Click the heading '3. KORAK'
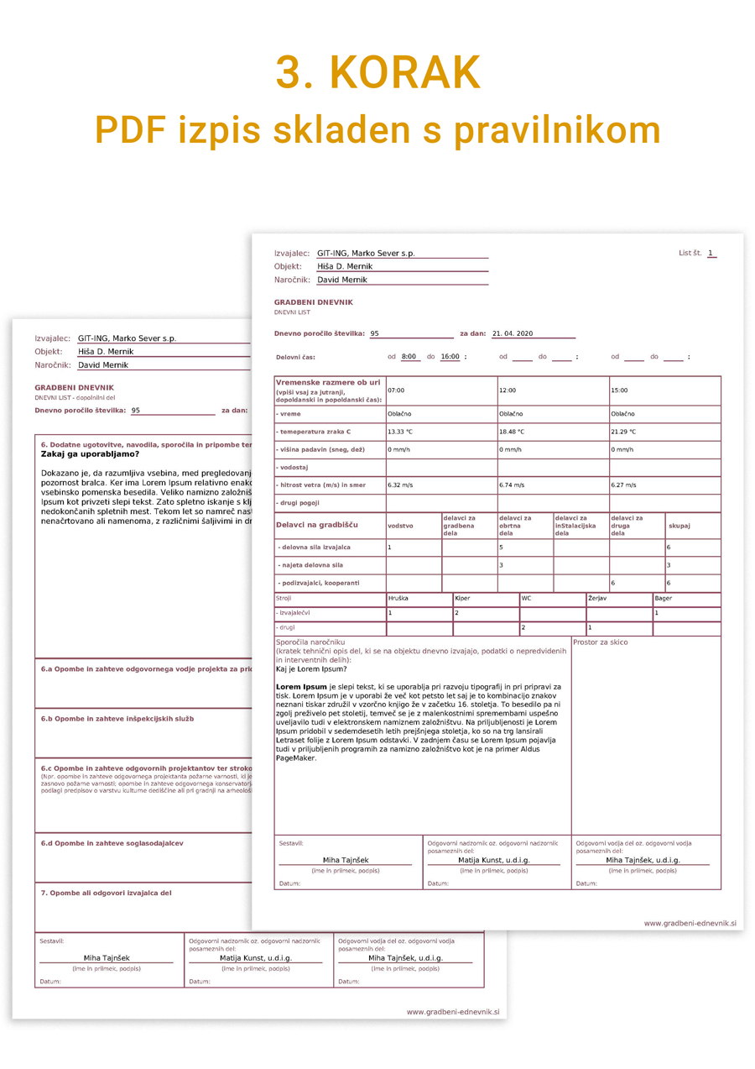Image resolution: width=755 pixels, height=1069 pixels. point(377,73)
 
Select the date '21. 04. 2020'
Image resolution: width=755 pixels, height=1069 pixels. point(513,333)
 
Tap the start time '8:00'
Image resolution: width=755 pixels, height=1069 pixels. point(410,357)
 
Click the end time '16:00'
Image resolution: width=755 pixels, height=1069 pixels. point(450,357)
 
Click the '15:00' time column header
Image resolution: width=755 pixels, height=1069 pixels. point(619,390)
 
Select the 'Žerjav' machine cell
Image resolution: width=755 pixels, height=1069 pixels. point(597,599)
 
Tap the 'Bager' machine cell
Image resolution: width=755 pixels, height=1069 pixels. point(663,599)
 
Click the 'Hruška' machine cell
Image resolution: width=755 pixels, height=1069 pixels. point(398,599)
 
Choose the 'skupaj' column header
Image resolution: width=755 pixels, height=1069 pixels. point(679,526)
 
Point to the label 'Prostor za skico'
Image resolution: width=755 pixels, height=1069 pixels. point(600,642)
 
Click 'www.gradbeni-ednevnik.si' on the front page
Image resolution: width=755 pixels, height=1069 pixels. point(690,923)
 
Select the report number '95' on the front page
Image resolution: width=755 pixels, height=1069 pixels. point(375,333)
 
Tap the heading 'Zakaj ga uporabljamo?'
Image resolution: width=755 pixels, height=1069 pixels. point(91,453)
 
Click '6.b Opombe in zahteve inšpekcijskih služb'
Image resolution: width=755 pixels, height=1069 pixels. point(117,719)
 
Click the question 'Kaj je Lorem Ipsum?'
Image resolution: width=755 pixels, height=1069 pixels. point(311,669)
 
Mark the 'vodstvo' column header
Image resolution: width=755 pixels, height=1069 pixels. point(399,526)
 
